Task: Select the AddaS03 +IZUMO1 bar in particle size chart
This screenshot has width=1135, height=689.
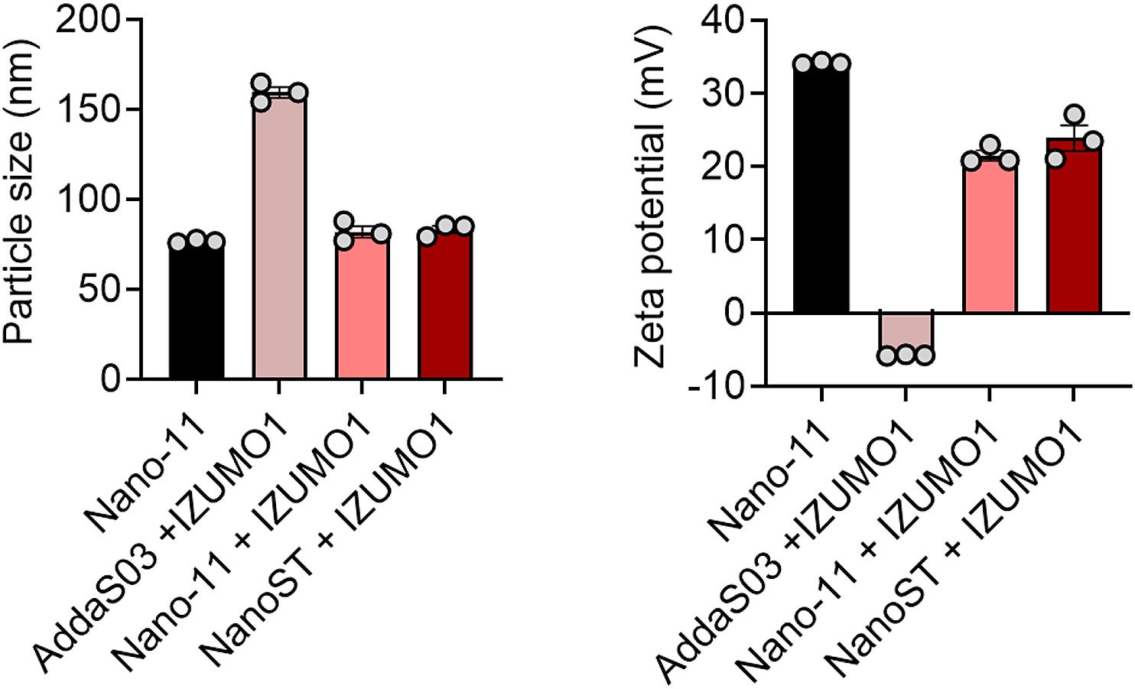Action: (x=279, y=237)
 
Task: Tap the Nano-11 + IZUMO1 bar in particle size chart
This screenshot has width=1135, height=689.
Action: (x=363, y=306)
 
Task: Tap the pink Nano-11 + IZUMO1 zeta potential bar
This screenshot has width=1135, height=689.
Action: (x=990, y=237)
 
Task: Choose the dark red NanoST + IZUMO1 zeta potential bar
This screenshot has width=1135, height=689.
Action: (x=1074, y=229)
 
